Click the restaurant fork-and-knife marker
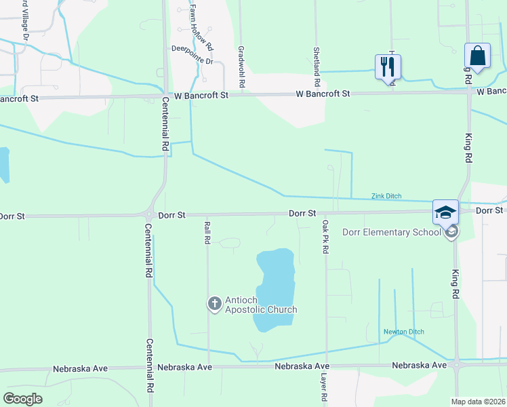(x=388, y=66)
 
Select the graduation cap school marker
(x=446, y=212)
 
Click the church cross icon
(x=214, y=303)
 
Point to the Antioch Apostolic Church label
(x=261, y=304)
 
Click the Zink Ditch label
(x=386, y=196)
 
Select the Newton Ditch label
(x=403, y=332)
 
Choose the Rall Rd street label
(x=207, y=231)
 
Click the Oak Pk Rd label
(x=325, y=237)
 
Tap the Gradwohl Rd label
(x=241, y=66)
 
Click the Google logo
(x=22, y=399)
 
